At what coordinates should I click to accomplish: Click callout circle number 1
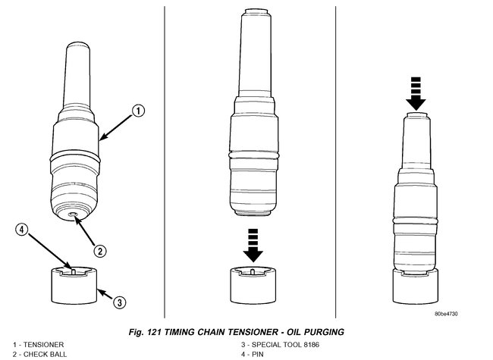point(137,111)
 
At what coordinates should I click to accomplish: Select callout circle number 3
point(118,302)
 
